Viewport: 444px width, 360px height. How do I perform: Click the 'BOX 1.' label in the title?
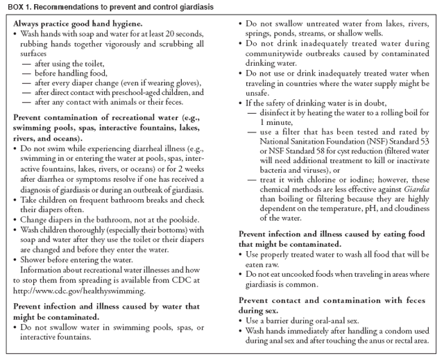click(x=15, y=6)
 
